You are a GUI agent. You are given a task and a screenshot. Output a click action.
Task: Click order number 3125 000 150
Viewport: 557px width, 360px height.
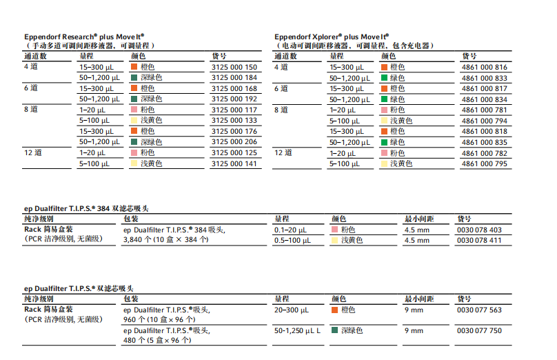[234, 68]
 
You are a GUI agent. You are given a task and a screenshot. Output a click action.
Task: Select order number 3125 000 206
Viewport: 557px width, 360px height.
[234, 142]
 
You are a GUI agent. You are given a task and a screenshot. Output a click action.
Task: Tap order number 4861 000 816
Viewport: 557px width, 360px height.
[484, 68]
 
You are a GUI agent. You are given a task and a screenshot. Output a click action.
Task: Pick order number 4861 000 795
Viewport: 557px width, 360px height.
[484, 163]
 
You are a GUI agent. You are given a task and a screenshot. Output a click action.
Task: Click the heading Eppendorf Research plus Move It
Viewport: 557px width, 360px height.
[84, 36]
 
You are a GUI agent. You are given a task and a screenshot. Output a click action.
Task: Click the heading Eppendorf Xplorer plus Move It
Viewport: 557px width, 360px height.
[332, 36]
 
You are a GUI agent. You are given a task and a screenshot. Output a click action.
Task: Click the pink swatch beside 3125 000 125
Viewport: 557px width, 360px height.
[134, 153]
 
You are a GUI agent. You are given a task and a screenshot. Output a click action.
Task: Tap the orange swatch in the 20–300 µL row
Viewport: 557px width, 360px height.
[335, 310]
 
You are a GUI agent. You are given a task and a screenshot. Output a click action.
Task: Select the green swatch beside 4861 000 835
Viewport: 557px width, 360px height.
[384, 142]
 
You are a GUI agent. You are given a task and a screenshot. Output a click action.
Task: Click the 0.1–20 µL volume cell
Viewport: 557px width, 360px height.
[290, 230]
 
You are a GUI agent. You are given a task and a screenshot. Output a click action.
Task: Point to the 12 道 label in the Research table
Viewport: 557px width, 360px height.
[32, 152]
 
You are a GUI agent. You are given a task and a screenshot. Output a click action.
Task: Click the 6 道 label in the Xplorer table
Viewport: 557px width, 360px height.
[281, 88]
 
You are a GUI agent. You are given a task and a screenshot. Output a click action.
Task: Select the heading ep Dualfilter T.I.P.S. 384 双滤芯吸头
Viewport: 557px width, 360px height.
[86, 208]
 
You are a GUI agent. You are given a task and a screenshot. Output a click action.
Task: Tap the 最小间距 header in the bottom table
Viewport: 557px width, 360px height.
[418, 299]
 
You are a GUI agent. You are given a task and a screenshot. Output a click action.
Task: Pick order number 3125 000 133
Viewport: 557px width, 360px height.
[234, 121]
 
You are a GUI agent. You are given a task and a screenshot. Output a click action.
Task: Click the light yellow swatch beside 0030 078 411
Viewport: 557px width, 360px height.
[335, 241]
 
